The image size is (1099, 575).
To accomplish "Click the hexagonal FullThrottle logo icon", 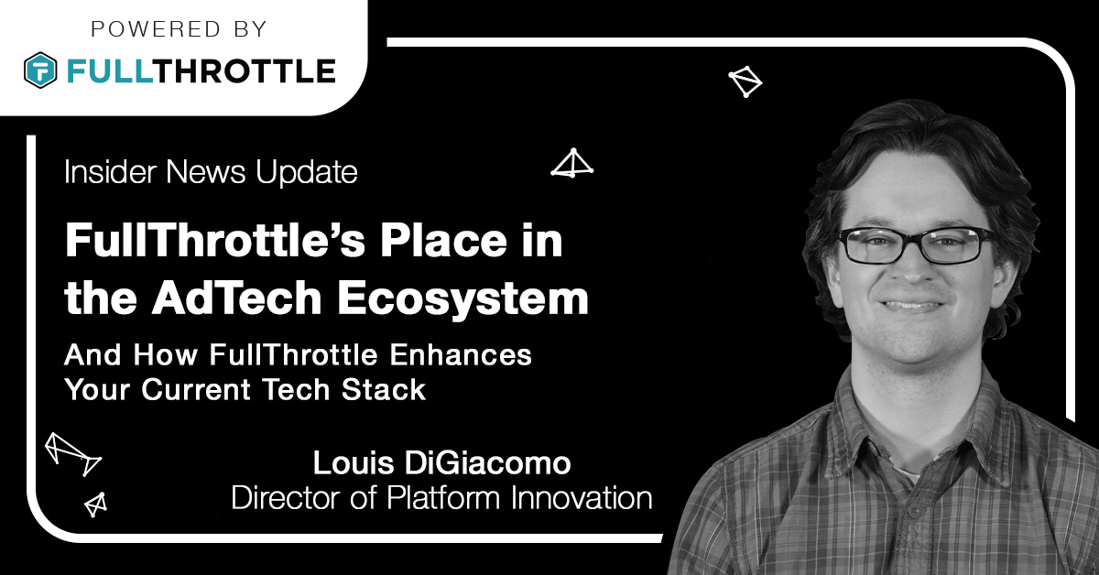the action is click(40, 71).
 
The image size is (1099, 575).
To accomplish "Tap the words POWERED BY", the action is click(180, 29).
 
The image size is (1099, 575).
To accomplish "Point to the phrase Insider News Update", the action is click(211, 172).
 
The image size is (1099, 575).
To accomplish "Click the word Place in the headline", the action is click(444, 240).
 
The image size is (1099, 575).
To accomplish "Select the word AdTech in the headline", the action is click(236, 298).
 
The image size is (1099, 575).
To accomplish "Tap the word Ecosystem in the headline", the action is click(462, 299).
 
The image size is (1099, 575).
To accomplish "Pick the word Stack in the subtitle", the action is click(384, 389).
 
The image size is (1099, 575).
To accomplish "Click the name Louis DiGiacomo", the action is click(442, 462).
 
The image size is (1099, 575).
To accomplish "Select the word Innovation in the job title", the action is click(582, 497).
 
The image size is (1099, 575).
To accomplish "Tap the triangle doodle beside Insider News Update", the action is click(572, 162).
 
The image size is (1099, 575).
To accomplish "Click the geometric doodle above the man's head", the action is click(745, 81).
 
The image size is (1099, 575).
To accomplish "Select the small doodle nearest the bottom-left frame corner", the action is click(95, 504).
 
